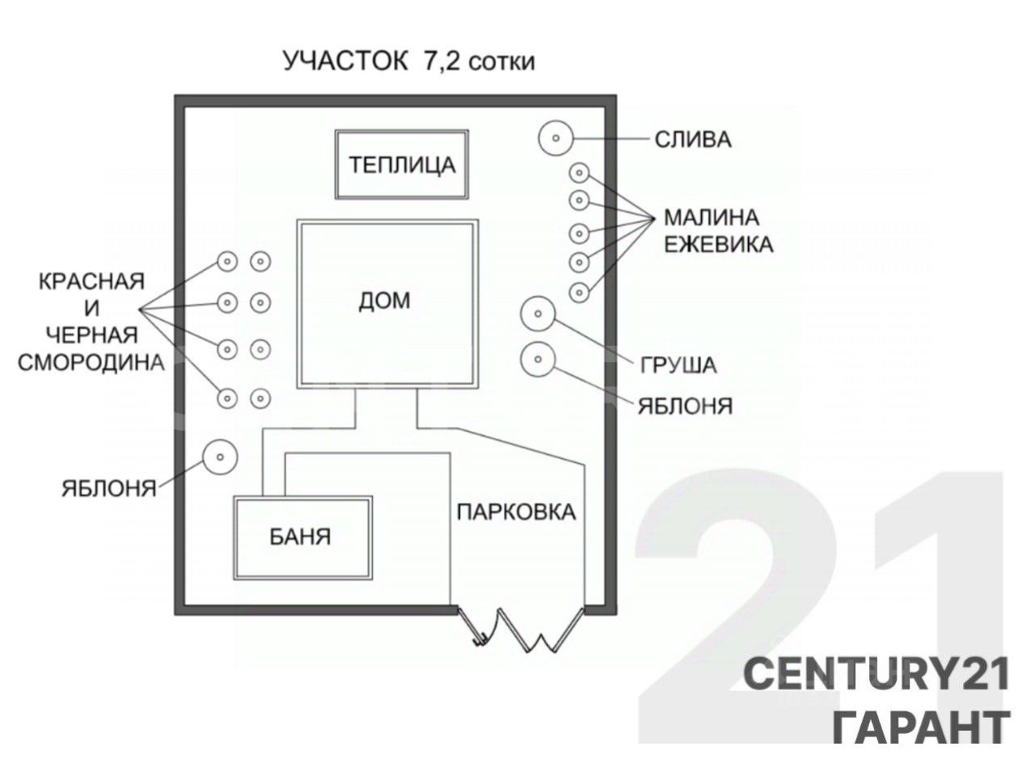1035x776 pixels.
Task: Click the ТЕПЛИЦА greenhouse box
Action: click(x=402, y=165)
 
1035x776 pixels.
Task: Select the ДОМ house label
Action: click(x=384, y=301)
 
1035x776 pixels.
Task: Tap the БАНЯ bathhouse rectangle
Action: click(x=302, y=537)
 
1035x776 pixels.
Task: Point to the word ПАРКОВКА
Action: click(x=516, y=512)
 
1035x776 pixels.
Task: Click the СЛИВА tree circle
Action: click(x=556, y=138)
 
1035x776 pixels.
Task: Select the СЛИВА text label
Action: click(x=692, y=140)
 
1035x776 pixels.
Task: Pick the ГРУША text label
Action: click(x=678, y=365)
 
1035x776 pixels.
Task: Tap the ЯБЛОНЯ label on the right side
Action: click(x=685, y=405)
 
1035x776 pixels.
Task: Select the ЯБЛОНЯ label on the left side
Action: click(x=109, y=488)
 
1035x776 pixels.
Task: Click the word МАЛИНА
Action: click(x=712, y=217)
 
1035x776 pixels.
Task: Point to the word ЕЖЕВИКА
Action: click(x=719, y=244)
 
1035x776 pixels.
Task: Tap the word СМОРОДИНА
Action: click(x=91, y=362)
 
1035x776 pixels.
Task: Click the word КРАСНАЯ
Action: click(x=91, y=281)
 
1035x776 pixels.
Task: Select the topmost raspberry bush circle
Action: click(x=579, y=172)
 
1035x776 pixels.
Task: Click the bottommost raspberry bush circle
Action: click(x=579, y=292)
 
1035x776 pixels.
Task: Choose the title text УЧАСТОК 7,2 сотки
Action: click(x=408, y=61)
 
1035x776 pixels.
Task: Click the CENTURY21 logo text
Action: click(x=877, y=675)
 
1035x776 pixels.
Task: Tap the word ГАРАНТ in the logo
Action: click(x=920, y=726)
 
